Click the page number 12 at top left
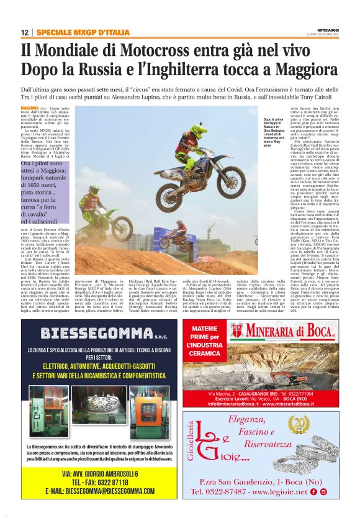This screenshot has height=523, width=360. [24, 32]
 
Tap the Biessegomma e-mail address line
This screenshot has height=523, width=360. [101, 491]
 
